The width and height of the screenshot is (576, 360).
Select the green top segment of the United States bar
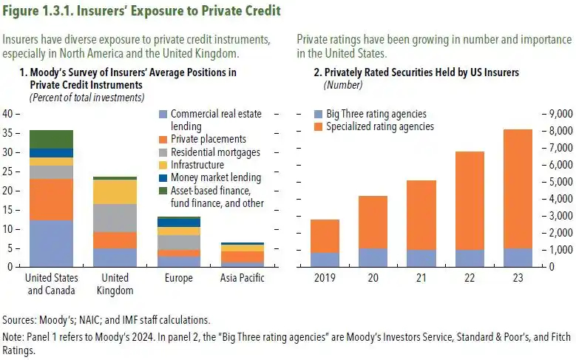pyautogui.click(x=51, y=139)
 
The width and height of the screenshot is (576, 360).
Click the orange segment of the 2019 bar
pyautogui.click(x=325, y=236)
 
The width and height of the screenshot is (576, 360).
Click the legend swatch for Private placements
pyautogui.click(x=163, y=138)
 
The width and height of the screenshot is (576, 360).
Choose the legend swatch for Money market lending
pyautogui.click(x=163, y=177)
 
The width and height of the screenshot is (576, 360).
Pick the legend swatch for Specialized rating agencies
pyautogui.click(x=318, y=127)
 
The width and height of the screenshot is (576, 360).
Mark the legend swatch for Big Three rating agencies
pyautogui.click(x=318, y=115)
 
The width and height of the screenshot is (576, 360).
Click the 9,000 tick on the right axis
pyautogui.click(x=560, y=115)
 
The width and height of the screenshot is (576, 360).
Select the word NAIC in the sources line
pyautogui.click(x=77, y=320)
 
